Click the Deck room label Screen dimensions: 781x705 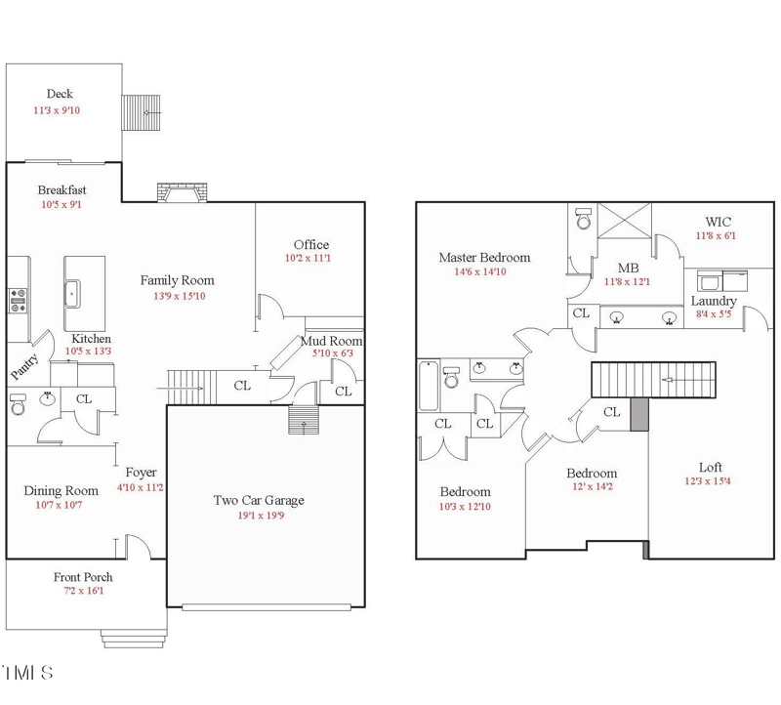(60, 94)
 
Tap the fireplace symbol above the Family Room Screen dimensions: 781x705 (183, 192)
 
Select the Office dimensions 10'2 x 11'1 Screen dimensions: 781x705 (308, 258)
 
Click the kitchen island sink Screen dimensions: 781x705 (72, 294)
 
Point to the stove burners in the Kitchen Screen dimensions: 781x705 (18, 301)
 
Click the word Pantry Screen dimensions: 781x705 (23, 367)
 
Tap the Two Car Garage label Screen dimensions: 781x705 (259, 500)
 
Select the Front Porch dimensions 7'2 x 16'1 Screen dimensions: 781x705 (84, 591)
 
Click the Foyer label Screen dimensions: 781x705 (141, 473)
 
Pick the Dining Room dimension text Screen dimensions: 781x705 (59, 505)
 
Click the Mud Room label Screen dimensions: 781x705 (332, 342)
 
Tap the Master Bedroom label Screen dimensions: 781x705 (484, 258)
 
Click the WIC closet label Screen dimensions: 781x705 (719, 223)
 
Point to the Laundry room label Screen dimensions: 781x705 (714, 301)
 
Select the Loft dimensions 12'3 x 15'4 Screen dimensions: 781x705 (708, 481)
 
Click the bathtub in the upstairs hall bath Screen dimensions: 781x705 (429, 386)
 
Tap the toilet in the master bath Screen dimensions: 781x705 (583, 218)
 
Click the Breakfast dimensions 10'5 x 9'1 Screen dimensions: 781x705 (62, 205)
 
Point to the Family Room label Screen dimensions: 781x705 (178, 280)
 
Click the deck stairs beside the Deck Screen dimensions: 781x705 (141, 112)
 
